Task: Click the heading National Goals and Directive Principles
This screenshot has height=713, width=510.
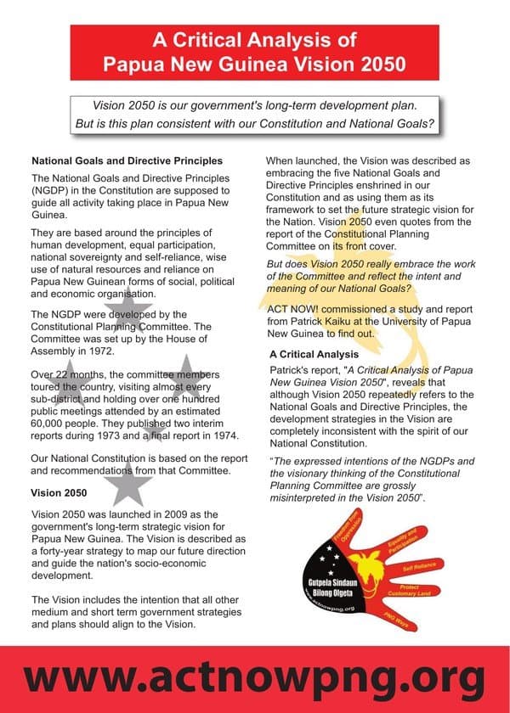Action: coord(127,160)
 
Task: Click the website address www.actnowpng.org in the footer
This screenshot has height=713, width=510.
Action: coord(254,679)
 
